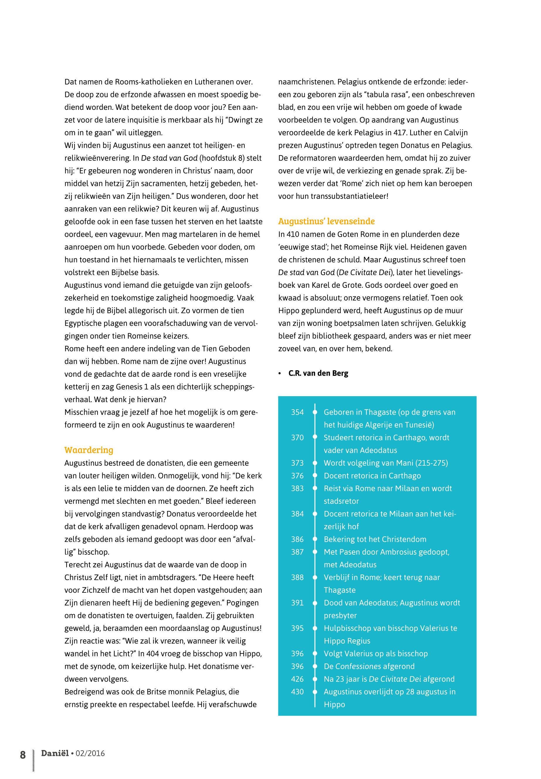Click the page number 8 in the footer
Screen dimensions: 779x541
point(23,755)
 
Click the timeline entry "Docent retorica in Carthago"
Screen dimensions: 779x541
point(372,476)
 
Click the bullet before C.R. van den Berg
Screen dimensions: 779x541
point(280,373)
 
